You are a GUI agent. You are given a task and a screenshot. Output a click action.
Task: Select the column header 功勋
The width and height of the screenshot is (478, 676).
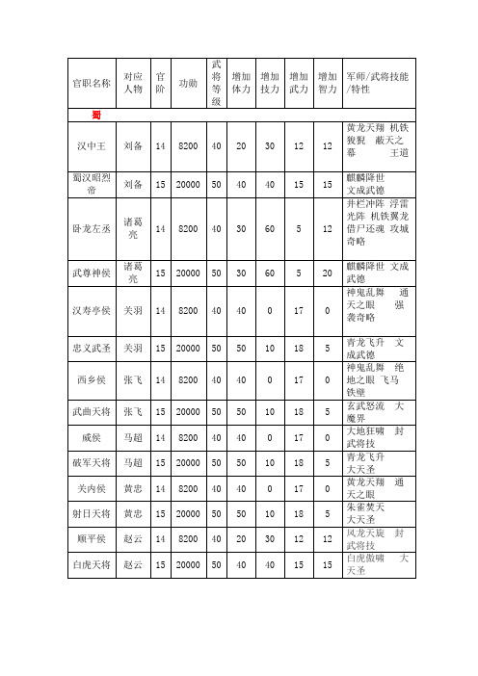click(189, 83)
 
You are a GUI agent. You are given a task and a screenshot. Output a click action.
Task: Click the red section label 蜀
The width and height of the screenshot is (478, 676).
click(97, 116)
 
